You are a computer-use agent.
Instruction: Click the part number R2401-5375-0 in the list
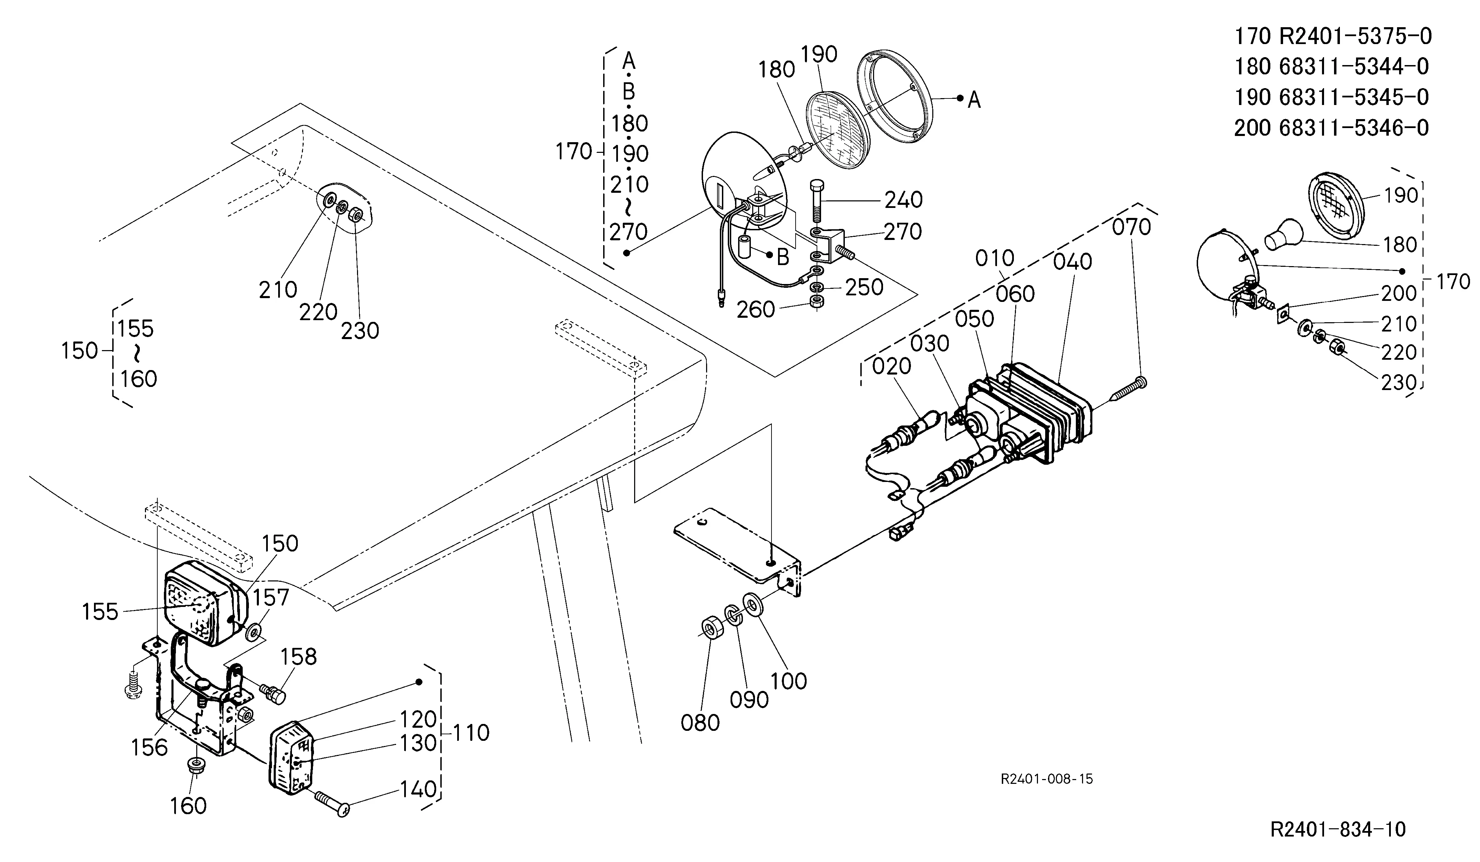[1355, 36]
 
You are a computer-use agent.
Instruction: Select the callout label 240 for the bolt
[904, 200]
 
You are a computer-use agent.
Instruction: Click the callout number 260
[756, 309]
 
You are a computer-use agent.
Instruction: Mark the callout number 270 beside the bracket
[903, 232]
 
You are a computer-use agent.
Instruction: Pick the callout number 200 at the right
[1399, 292]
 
